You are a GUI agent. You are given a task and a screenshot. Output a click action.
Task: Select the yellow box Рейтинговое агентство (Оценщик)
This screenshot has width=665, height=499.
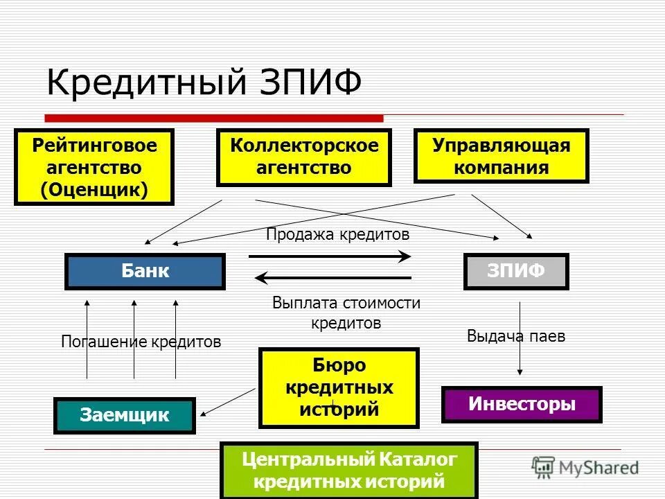click(94, 167)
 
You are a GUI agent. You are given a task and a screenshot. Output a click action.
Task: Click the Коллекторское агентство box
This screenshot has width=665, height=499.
click(304, 157)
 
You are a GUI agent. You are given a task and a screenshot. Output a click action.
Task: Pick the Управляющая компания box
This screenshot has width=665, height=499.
click(501, 156)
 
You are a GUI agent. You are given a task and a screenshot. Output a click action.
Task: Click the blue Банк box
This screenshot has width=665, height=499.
click(145, 271)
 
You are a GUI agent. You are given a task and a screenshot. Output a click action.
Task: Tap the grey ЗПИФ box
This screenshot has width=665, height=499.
click(515, 271)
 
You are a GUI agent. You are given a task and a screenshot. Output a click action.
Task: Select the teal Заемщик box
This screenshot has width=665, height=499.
click(125, 415)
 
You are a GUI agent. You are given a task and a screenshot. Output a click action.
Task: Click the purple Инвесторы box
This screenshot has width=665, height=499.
click(522, 404)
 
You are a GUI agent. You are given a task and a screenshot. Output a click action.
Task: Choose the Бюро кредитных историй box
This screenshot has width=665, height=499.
click(339, 387)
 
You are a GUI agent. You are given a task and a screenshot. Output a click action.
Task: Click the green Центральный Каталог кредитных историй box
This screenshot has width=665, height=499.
click(348, 469)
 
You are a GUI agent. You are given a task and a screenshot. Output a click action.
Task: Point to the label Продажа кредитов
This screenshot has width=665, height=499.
click(337, 235)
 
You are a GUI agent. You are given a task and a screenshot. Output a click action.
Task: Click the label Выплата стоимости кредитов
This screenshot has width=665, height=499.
click(346, 313)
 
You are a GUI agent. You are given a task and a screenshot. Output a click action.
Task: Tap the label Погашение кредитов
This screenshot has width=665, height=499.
click(141, 342)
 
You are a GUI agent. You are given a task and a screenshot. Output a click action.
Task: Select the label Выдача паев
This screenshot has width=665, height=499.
click(516, 337)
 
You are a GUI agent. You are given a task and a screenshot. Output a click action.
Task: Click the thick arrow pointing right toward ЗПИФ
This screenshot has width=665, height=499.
click(330, 256)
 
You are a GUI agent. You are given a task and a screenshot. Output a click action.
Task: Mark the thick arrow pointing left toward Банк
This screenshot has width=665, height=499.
click(332, 279)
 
